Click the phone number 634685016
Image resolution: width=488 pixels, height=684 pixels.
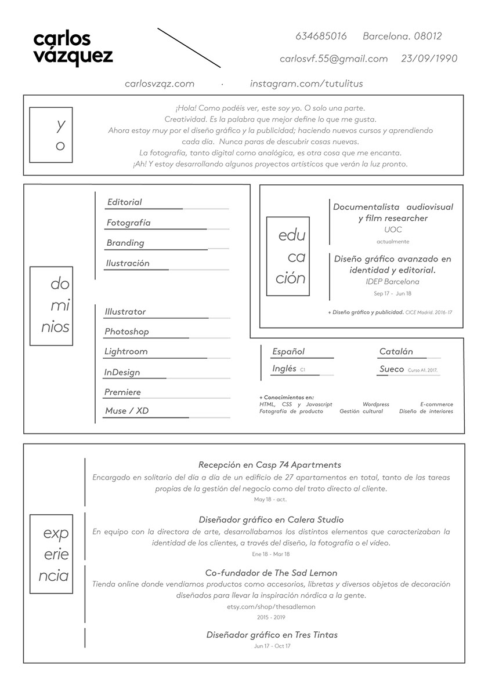tap(321, 36)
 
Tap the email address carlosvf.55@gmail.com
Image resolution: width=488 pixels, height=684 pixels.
tap(333, 59)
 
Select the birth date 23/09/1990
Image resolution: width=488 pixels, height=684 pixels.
tap(429, 59)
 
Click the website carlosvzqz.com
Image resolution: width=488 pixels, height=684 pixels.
tap(159, 83)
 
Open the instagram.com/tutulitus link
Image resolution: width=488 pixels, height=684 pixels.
tap(306, 83)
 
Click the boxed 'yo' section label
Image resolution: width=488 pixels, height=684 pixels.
tap(51, 134)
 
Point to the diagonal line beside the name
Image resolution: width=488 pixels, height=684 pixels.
tap(189, 47)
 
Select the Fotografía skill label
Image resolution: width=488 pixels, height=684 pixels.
tap(128, 223)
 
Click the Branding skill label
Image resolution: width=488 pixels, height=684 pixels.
tap(125, 243)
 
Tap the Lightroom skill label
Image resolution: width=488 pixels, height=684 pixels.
tap(126, 351)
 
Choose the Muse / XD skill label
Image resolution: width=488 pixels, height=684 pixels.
tap(126, 411)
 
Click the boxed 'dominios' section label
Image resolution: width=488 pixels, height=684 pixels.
tap(51, 305)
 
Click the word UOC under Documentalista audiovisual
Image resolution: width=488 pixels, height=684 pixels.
tap(393, 230)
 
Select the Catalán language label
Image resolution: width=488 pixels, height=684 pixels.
tap(396, 351)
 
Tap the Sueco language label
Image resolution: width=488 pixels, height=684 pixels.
tap(392, 369)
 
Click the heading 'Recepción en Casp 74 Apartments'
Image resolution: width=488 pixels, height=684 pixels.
tap(269, 465)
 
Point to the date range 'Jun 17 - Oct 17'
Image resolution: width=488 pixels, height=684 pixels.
tap(272, 646)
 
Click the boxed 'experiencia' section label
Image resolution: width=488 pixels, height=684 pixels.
tap(51, 554)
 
